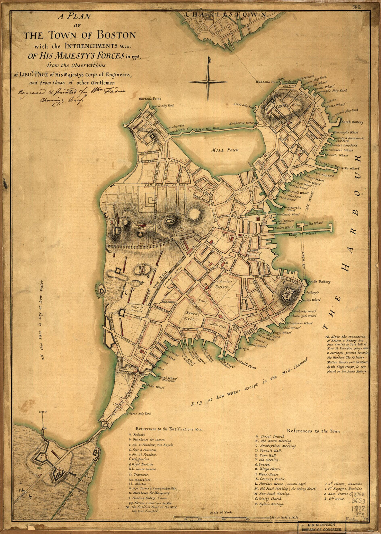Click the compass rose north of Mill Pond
click(208, 82)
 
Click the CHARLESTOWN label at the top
click(225, 15)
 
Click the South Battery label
click(319, 281)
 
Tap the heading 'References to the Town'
click(313, 431)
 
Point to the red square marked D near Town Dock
click(258, 219)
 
